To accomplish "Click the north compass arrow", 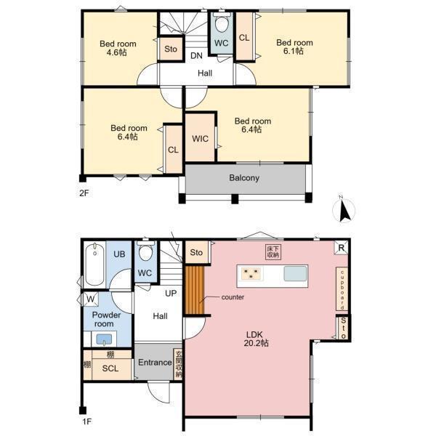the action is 344,211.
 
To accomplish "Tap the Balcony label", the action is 244,178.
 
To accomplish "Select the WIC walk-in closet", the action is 200,137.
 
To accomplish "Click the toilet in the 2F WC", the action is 222,23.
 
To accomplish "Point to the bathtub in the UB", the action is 94,265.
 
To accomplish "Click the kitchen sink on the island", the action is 295,274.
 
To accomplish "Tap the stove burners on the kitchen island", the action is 252,273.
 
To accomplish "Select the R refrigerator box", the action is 342,248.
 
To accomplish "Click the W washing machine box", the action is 90,299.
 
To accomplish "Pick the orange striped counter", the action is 195,290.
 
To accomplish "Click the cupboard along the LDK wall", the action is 342,288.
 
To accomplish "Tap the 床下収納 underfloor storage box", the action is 273,252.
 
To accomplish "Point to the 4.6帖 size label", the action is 117,52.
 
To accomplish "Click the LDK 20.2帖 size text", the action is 256,343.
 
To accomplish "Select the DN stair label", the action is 196,56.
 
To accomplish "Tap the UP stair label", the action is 171,294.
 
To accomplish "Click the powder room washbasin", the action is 104,339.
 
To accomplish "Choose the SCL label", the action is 110,368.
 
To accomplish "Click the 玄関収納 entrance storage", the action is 178,364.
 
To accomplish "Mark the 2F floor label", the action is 84,193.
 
